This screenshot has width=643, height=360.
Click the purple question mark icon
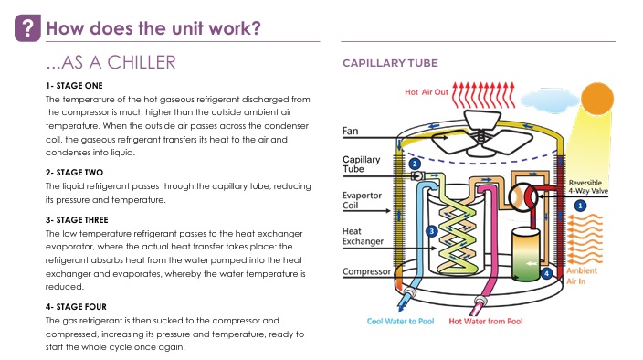pos(27,28)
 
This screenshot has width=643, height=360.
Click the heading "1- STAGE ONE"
pos(74,86)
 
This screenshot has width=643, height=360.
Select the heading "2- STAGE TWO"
pos(74,173)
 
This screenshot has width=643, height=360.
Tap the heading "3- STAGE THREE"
pos(77,220)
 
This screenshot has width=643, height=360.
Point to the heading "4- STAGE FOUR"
pos(76,307)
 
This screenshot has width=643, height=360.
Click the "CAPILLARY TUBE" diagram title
pos(390,63)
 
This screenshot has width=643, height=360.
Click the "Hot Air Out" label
pos(427,92)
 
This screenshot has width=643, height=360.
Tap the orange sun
pos(597,99)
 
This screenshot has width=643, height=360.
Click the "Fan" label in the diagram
pos(350,132)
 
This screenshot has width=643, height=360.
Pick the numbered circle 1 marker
pos(580,206)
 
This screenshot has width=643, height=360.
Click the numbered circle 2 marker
pos(415,164)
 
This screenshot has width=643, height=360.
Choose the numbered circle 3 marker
pos(431,231)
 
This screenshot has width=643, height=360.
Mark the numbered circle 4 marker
pos(546,273)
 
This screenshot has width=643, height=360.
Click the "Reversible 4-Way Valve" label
pos(588,187)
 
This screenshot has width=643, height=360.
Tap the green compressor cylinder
pos(526,255)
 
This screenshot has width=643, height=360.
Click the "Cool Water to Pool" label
pos(400,322)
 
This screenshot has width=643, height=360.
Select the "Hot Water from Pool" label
pos(486,322)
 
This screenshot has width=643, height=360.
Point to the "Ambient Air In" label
pos(582,276)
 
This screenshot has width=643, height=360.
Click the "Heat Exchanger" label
pos(363,237)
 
